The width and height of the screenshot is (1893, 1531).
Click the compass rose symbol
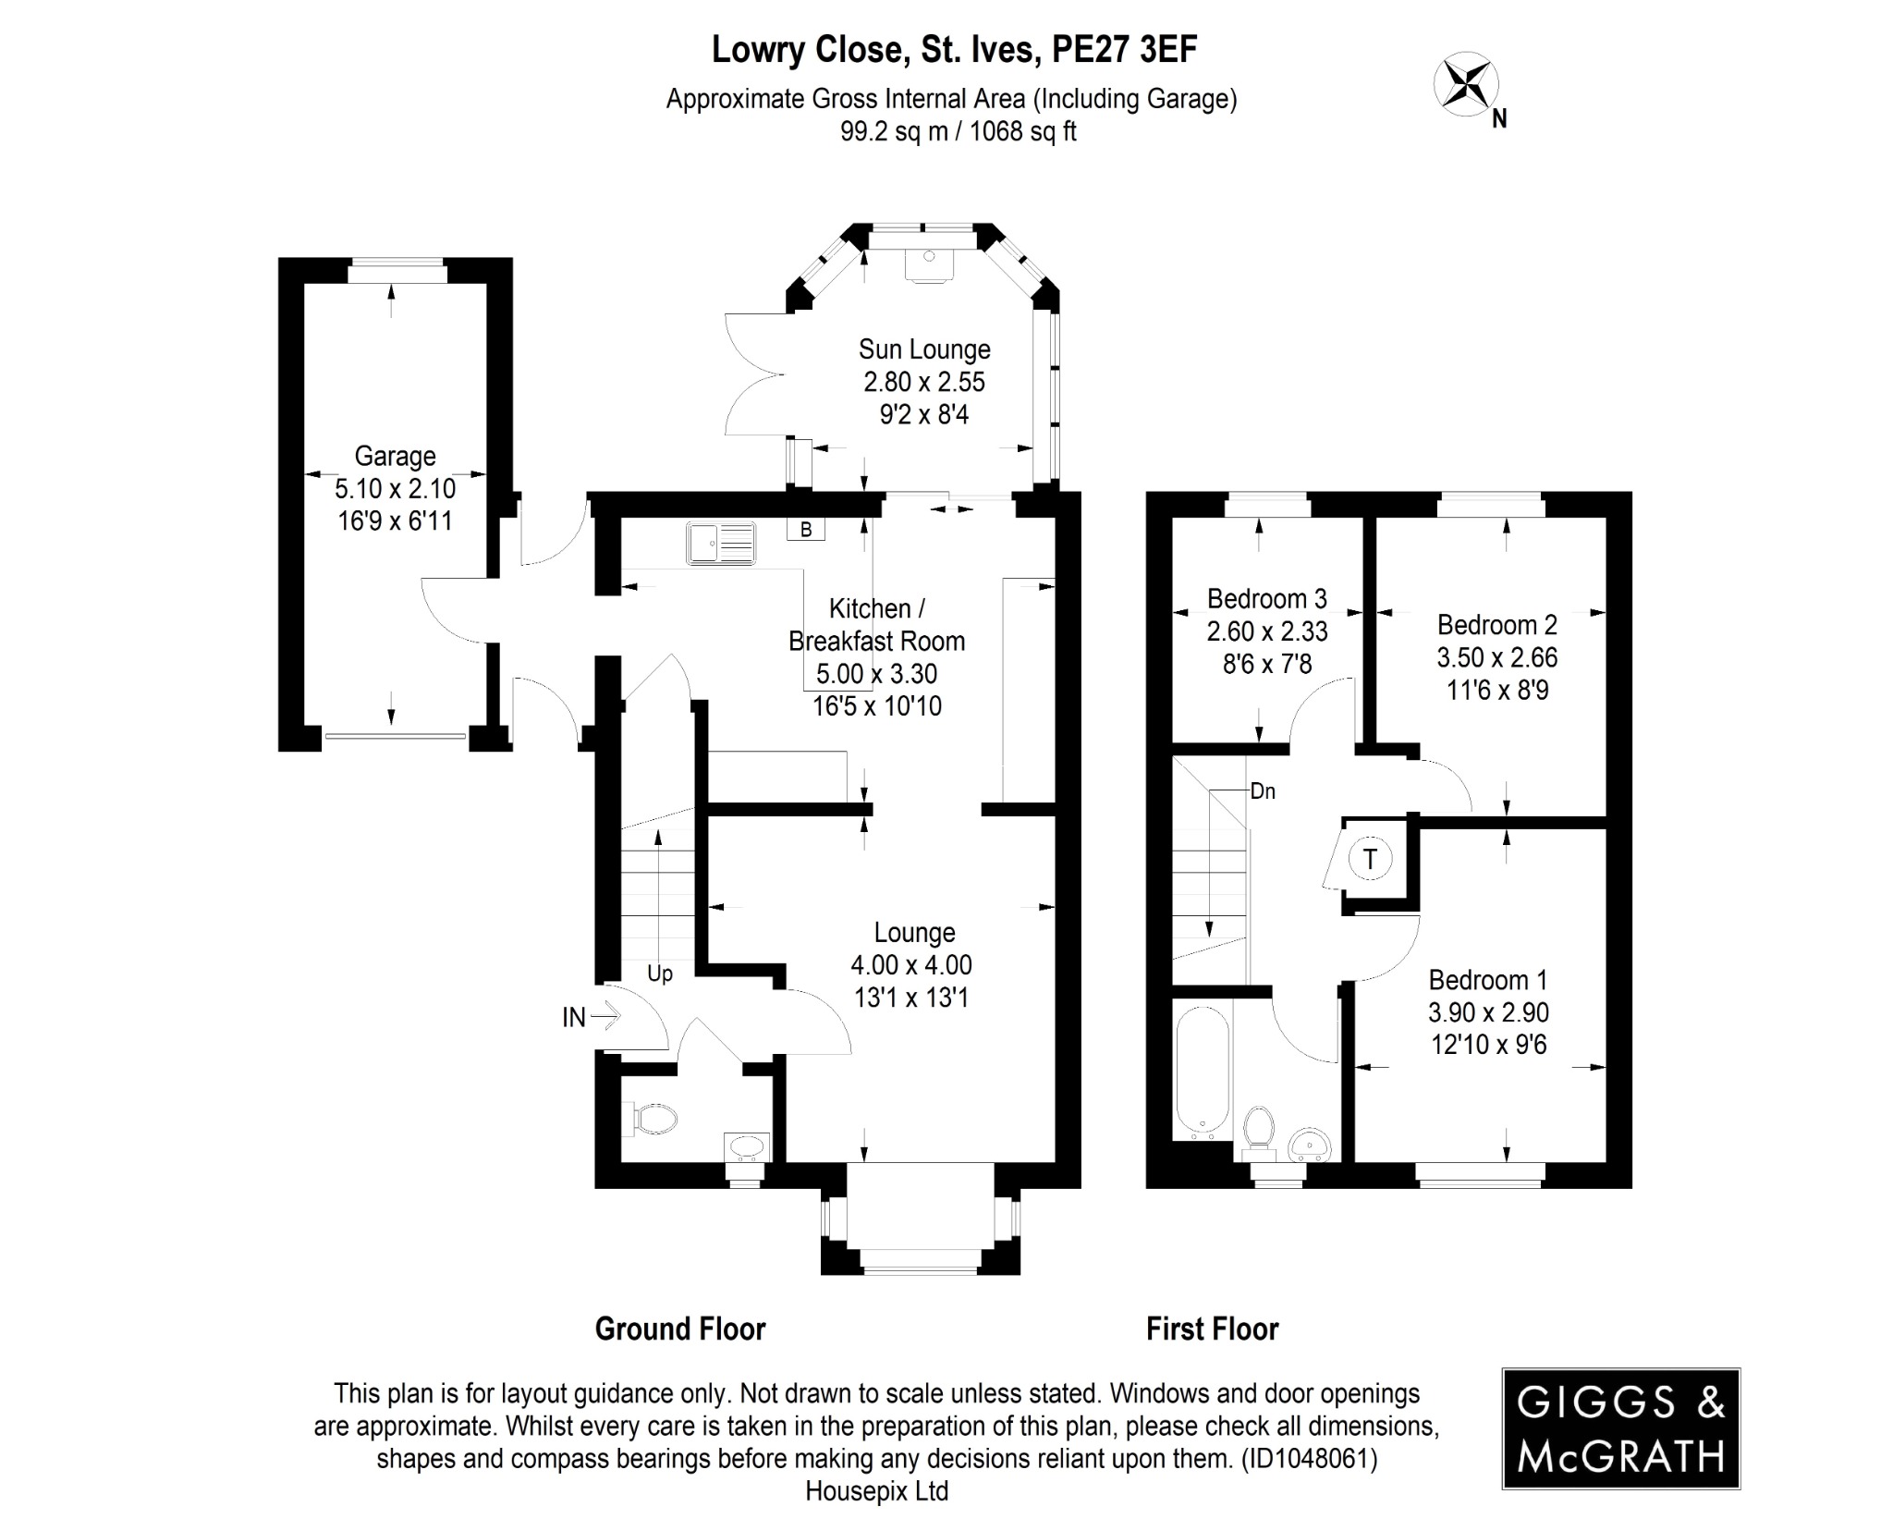(x=1465, y=86)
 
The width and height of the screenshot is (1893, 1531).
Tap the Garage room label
(x=395, y=456)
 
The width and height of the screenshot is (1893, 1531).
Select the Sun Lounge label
(x=924, y=349)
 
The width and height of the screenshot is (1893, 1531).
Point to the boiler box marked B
(x=805, y=530)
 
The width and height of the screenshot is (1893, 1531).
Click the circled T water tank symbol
(x=1370, y=859)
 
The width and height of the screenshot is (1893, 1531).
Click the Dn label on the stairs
(x=1263, y=791)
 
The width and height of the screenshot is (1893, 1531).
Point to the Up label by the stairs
(x=659, y=974)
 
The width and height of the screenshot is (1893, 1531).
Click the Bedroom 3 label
(x=1266, y=599)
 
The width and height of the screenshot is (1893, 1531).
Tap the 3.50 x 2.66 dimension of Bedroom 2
(x=1496, y=657)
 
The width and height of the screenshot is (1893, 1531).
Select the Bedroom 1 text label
(x=1487, y=980)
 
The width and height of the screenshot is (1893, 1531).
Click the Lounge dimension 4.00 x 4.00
(x=911, y=965)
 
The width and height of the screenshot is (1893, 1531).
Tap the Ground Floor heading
(x=680, y=1329)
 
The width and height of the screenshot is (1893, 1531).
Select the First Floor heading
(x=1212, y=1329)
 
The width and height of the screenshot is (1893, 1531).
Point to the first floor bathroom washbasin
(x=1310, y=1145)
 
